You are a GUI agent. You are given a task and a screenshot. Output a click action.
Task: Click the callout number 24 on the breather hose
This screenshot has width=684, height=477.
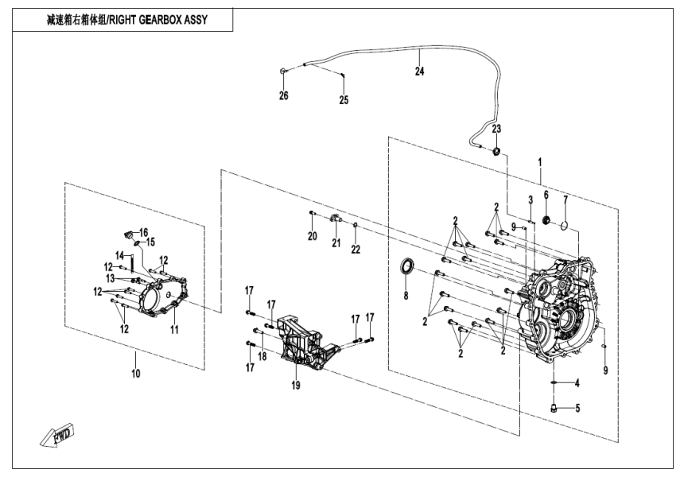pos(419,72)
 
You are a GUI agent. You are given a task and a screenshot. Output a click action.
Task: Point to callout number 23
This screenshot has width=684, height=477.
pos(496,129)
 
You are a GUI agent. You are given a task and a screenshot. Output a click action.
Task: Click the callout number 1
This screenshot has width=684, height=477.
pos(540,161)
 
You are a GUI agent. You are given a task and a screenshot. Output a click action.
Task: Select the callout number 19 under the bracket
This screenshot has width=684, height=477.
pos(296,386)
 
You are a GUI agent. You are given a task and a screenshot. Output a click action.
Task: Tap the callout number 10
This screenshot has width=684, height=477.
pos(135,371)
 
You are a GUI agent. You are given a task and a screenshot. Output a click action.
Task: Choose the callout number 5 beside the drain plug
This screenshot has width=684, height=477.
pos(577,409)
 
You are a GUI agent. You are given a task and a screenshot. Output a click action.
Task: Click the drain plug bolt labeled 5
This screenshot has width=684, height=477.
pos(551,408)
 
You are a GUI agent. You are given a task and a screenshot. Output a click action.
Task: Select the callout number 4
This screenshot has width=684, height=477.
pos(577,384)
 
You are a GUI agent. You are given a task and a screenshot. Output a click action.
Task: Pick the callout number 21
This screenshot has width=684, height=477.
pos(336,242)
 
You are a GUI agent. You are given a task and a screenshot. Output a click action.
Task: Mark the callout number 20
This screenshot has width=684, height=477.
pos(313,236)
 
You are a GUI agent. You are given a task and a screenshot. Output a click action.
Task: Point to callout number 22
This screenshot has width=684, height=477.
pos(356,250)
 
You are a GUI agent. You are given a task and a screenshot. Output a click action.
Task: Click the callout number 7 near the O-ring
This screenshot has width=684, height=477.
pos(565,199)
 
